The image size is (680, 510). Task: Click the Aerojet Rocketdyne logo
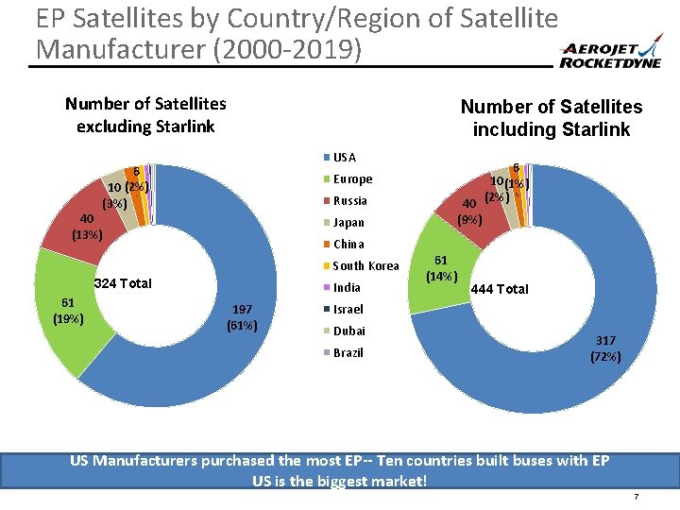(x=609, y=57)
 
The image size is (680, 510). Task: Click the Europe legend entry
(x=348, y=178)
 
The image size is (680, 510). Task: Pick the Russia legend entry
(x=346, y=200)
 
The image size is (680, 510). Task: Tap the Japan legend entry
(x=345, y=223)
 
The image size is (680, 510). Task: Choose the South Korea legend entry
(x=360, y=265)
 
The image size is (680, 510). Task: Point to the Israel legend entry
(x=344, y=309)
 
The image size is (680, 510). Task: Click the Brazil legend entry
(x=344, y=352)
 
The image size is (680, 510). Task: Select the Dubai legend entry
(x=344, y=331)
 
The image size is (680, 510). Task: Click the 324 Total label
(x=124, y=283)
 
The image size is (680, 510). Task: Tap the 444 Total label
(x=500, y=289)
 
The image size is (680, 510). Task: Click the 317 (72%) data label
(x=605, y=348)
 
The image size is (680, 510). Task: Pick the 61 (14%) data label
(x=440, y=267)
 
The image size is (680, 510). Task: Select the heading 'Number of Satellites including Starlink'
(x=551, y=118)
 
